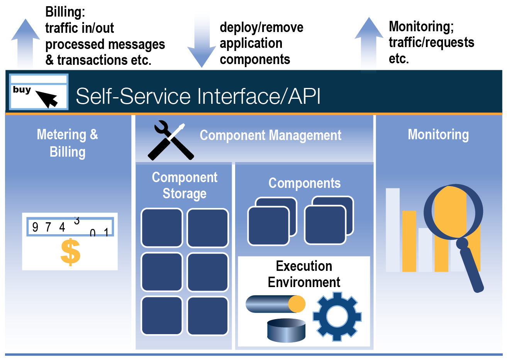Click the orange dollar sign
[x=70, y=252]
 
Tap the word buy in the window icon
[x=22, y=90]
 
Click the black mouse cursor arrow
[x=47, y=99]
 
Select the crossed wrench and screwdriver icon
[x=171, y=140]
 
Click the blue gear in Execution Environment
[x=337, y=316]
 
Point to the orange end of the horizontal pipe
[x=297, y=304]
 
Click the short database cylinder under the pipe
[x=286, y=330]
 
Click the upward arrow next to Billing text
[x=25, y=44]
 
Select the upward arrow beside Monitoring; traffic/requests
[x=369, y=44]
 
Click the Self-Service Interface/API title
[x=198, y=96]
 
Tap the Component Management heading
[x=270, y=135]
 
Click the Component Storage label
[x=185, y=186]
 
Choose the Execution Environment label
[x=304, y=274]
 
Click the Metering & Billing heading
[x=68, y=143]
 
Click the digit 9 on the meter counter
[x=35, y=227]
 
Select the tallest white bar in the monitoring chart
[x=393, y=230]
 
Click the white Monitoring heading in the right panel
[x=438, y=135]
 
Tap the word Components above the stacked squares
[x=304, y=183]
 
